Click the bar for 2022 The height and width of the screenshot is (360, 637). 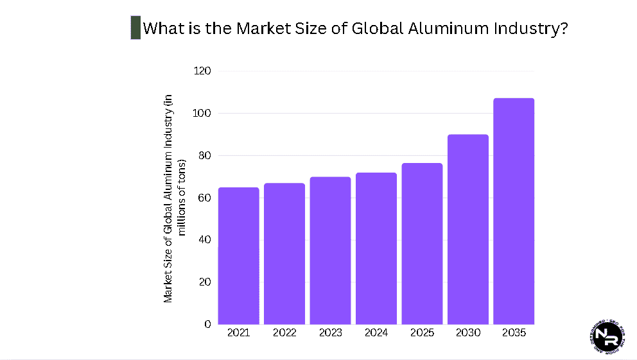pyautogui.click(x=284, y=253)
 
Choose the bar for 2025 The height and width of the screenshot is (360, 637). pyautogui.click(x=422, y=243)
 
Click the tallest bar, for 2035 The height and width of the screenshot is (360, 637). pyautogui.click(x=514, y=211)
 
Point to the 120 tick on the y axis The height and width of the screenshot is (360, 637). pyautogui.click(x=202, y=71)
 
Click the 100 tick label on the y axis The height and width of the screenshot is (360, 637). pyautogui.click(x=202, y=113)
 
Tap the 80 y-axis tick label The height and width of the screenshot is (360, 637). pyautogui.click(x=204, y=155)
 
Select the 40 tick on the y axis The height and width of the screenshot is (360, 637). pyautogui.click(x=204, y=240)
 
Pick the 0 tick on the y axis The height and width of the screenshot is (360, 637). pyautogui.click(x=207, y=324)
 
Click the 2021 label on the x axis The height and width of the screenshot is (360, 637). pyautogui.click(x=238, y=333)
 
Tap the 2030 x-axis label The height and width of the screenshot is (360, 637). pyautogui.click(x=467, y=333)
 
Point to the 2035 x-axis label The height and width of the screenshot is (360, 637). pyautogui.click(x=514, y=333)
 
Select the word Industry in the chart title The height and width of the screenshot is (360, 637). pyautogui.click(x=532, y=29)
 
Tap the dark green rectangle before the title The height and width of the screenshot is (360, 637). pyautogui.click(x=135, y=28)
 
